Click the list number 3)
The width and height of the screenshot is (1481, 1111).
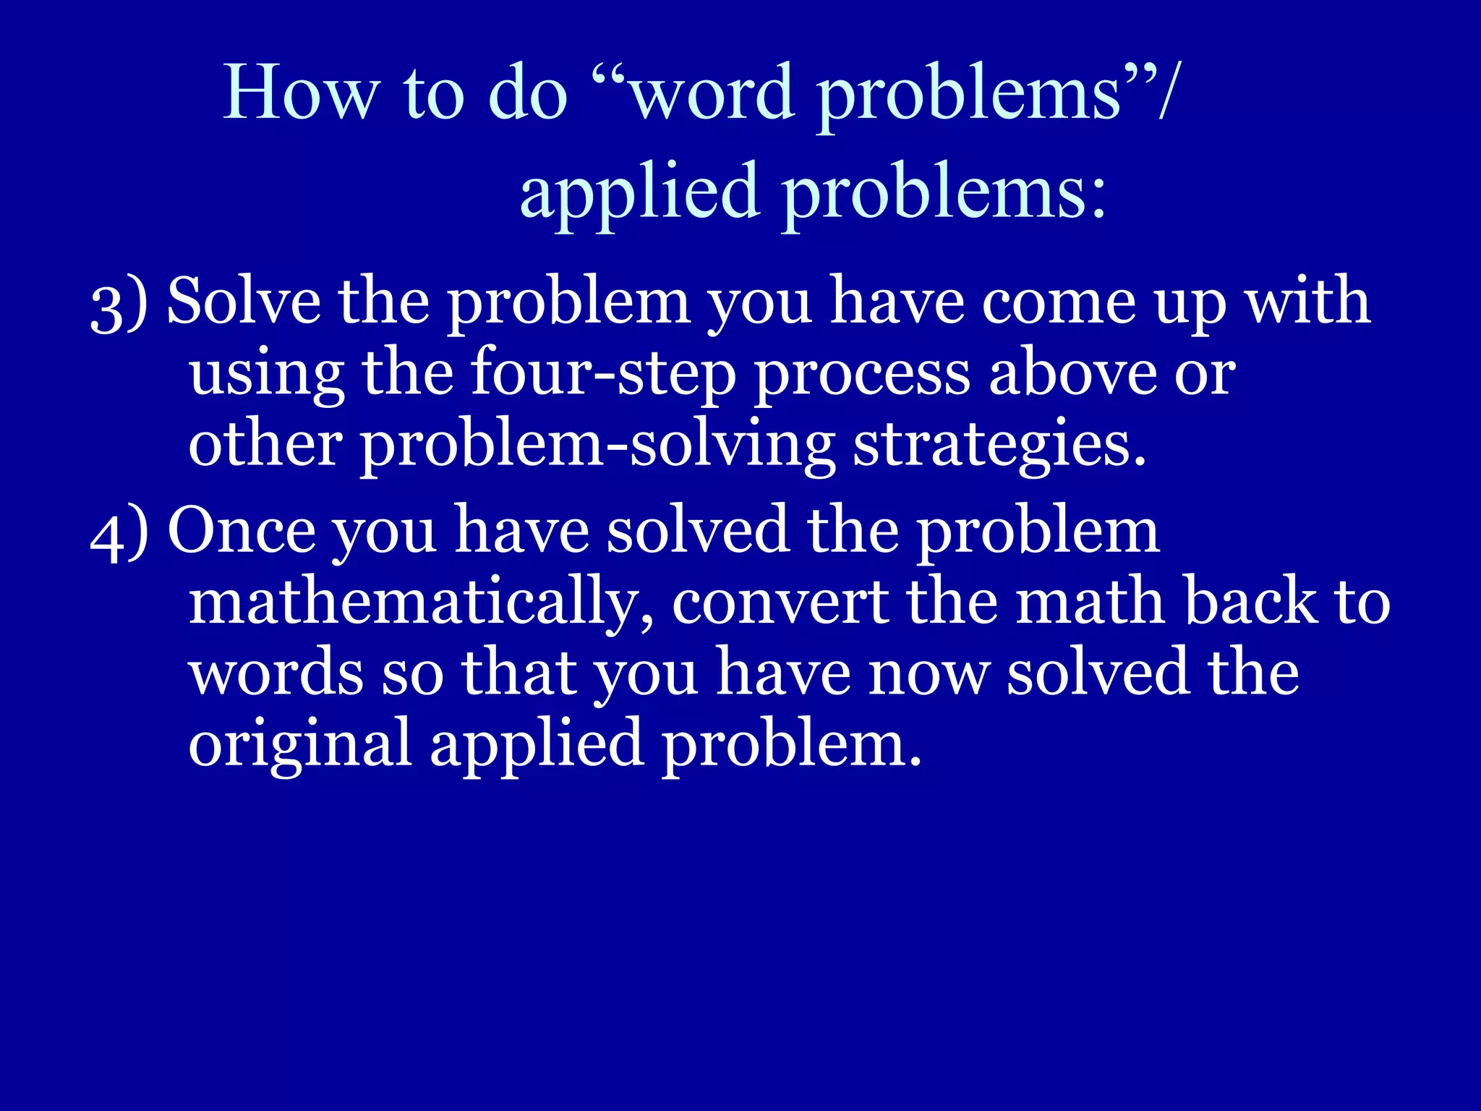119,305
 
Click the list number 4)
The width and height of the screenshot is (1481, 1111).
119,534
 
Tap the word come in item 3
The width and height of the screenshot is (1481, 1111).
1057,302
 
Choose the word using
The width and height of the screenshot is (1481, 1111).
266,375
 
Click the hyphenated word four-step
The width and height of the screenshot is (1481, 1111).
603,375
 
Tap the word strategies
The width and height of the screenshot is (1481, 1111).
999,446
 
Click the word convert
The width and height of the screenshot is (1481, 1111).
780,603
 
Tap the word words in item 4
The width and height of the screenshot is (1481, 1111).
276,673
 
